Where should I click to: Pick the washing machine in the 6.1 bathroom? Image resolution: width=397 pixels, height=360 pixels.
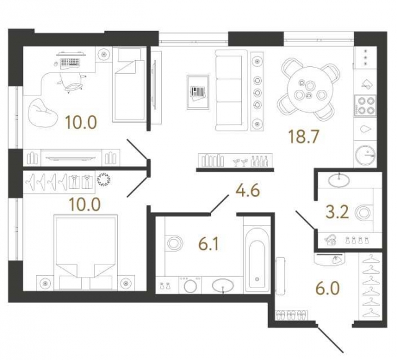pyautogui.click(x=189, y=286)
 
